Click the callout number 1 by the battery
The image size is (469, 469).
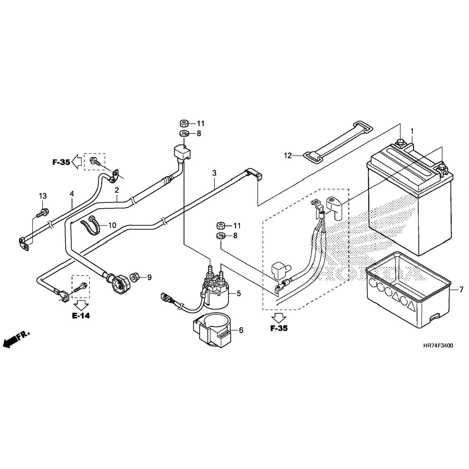tap(412, 130)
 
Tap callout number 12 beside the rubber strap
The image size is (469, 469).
tap(288, 155)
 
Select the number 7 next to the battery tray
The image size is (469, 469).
tap(461, 290)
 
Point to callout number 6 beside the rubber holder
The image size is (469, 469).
tap(241, 330)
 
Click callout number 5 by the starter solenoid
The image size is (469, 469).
tap(239, 293)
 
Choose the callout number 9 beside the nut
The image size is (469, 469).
tap(149, 277)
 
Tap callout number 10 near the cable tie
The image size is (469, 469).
tap(112, 225)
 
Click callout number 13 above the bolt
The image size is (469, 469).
tap(43, 196)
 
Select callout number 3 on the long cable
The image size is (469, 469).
tap(214, 173)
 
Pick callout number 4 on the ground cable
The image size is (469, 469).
tap(72, 194)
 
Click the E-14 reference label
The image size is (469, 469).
tap(81, 315)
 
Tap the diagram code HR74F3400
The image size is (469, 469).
tap(437, 345)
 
